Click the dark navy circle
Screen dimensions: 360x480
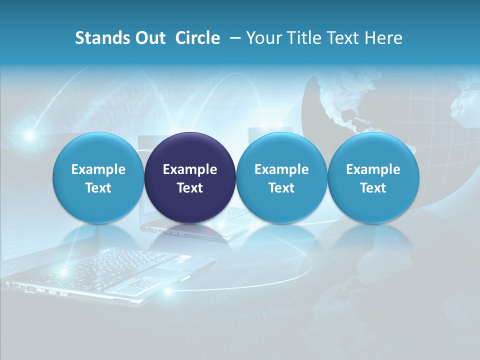(x=190, y=178)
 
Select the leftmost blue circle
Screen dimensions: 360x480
(x=98, y=178)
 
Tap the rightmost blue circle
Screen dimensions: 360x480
(x=373, y=178)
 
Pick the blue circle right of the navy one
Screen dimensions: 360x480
(x=281, y=178)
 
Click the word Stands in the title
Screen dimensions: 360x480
(x=102, y=38)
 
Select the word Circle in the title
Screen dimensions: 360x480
(x=197, y=38)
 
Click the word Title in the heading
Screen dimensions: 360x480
(x=308, y=38)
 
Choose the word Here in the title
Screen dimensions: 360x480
(x=383, y=38)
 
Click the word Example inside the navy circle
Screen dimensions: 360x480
(x=190, y=169)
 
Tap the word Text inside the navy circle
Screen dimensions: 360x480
(x=190, y=188)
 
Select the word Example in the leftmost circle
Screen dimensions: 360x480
(x=98, y=169)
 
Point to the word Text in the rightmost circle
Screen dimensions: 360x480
(x=373, y=188)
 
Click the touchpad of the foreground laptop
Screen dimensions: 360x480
(x=134, y=284)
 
